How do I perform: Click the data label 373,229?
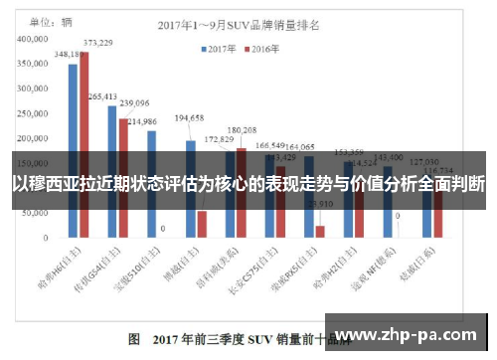[97, 43]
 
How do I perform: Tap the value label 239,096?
[134, 102]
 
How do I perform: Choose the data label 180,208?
[242, 130]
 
